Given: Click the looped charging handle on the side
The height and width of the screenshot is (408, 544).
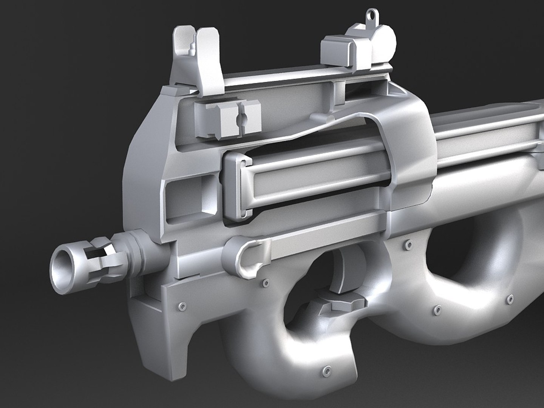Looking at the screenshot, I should [x=249, y=255].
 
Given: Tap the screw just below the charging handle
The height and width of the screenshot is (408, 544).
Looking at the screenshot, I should [x=266, y=282].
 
